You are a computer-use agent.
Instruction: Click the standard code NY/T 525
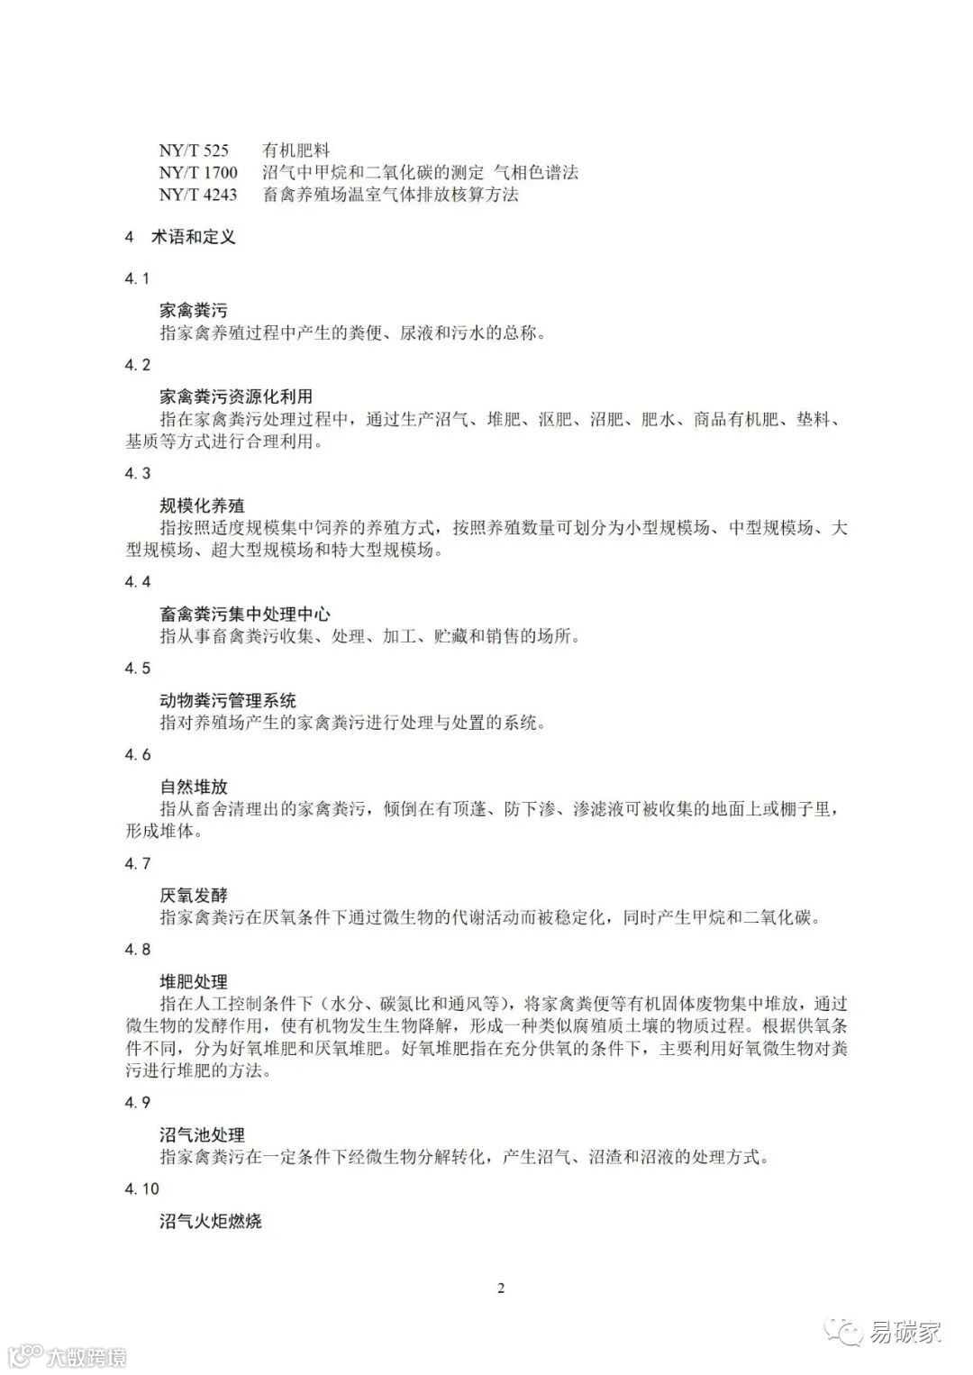tap(194, 150)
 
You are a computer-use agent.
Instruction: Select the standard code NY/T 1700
tap(198, 173)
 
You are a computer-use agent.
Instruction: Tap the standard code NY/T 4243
tap(198, 195)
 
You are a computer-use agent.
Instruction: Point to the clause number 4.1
tap(137, 278)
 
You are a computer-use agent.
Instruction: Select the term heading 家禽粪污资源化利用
tap(236, 396)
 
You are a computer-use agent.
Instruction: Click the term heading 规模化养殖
tap(202, 505)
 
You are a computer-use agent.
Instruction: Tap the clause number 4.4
tap(138, 582)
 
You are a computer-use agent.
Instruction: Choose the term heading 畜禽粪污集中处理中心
tap(245, 615)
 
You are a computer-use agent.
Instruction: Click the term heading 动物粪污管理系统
tap(228, 701)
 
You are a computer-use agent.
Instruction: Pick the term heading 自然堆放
tap(194, 788)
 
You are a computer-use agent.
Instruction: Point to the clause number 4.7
tap(138, 864)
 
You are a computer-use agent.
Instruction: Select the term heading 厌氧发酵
tap(194, 896)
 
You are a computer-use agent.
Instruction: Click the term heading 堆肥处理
tap(194, 982)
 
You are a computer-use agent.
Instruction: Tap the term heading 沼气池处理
tap(202, 1135)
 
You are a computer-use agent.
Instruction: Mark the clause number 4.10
tap(141, 1189)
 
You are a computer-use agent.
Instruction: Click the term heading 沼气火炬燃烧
tap(211, 1222)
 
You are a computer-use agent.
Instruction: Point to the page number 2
tap(501, 1288)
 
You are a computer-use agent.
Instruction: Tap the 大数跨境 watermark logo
tap(67, 1356)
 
